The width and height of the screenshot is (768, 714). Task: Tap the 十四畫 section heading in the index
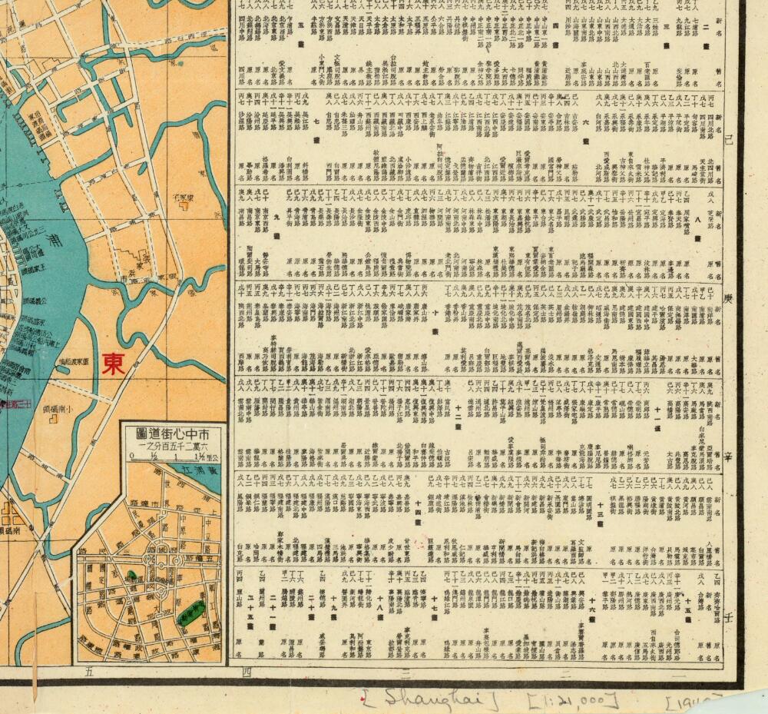419,512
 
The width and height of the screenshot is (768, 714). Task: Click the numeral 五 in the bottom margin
88,672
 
